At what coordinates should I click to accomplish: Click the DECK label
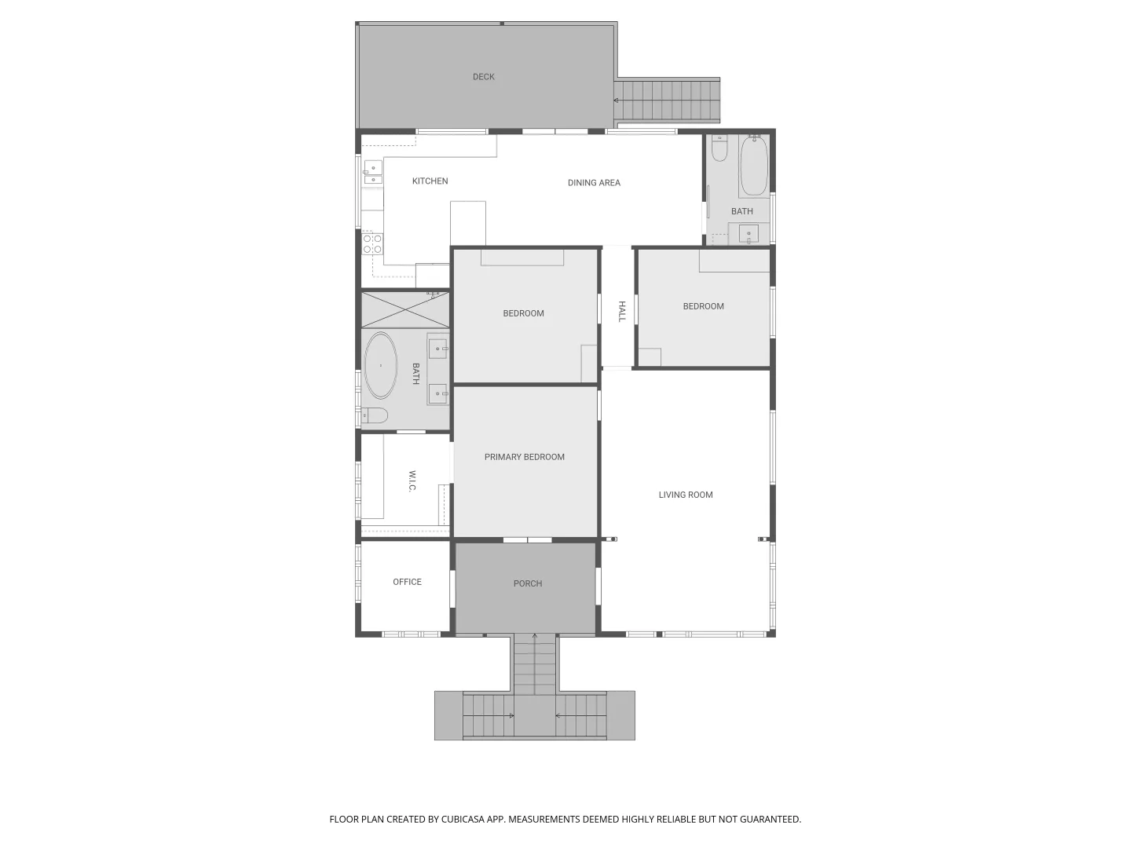tap(484, 77)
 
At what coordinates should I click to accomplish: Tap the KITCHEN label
tap(430, 181)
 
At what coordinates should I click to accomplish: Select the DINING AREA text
tap(594, 183)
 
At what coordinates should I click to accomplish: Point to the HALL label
tap(622, 311)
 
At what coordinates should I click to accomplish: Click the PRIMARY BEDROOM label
tap(525, 457)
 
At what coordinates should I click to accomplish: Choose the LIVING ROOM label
tap(686, 495)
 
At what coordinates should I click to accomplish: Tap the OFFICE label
tap(407, 582)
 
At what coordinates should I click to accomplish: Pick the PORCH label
tap(528, 583)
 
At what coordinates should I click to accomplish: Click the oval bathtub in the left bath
tap(381, 366)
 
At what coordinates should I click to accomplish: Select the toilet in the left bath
tap(375, 415)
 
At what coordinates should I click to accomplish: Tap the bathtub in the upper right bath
tap(754, 166)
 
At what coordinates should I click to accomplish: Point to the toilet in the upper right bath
tap(719, 148)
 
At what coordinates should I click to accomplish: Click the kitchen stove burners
tap(372, 243)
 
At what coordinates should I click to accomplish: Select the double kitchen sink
tap(373, 173)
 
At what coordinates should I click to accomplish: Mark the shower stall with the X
tap(405, 309)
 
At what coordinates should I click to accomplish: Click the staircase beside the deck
tap(668, 101)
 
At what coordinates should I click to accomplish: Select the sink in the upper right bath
tap(749, 234)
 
